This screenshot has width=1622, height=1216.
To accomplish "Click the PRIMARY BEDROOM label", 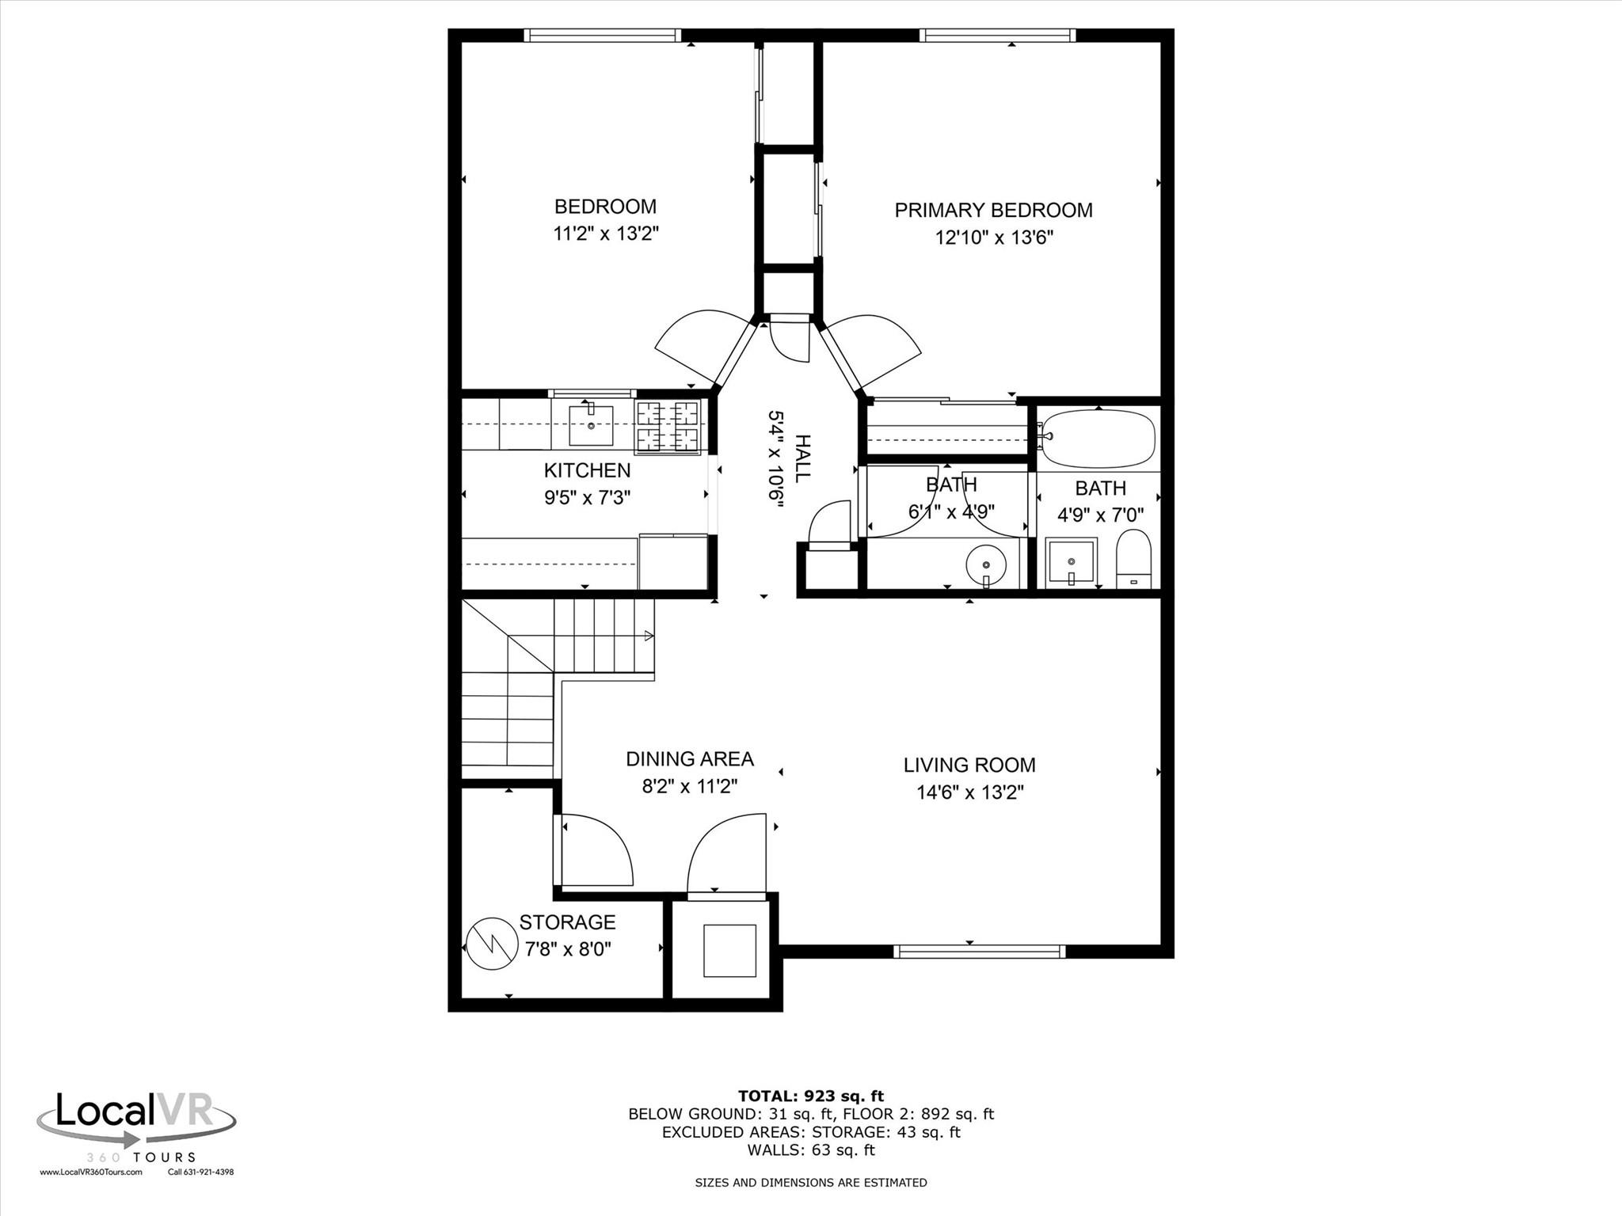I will pyautogui.click(x=993, y=211).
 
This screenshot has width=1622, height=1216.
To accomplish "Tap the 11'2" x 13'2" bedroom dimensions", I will pyautogui.click(x=606, y=234).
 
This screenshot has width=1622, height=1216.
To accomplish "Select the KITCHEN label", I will pyautogui.click(x=587, y=470).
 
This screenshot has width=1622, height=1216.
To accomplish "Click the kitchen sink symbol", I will pyautogui.click(x=591, y=426).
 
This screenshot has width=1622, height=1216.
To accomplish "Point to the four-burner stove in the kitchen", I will pyautogui.click(x=668, y=427).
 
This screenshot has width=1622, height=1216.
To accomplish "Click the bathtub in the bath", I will pyautogui.click(x=1098, y=439).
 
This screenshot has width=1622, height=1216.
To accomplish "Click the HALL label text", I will pyautogui.click(x=801, y=458).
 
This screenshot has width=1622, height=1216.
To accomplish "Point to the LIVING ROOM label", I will pyautogui.click(x=969, y=765).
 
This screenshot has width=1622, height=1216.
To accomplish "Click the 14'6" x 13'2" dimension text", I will pyautogui.click(x=970, y=792).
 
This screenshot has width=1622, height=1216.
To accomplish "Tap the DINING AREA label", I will pyautogui.click(x=689, y=759).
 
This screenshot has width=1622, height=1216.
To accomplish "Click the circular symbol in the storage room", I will pyautogui.click(x=490, y=944).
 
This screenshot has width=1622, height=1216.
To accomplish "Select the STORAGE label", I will pyautogui.click(x=567, y=922).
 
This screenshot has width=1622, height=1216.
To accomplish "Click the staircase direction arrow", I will pyautogui.click(x=648, y=635).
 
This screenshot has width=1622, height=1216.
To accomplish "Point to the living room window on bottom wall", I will pyautogui.click(x=979, y=951).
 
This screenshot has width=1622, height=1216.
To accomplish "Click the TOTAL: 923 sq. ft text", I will pyautogui.click(x=810, y=1096).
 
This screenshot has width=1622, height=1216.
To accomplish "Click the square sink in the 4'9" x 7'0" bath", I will pyautogui.click(x=1071, y=562).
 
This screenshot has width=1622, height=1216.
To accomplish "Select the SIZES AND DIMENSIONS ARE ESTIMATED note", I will pyautogui.click(x=810, y=1183).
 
